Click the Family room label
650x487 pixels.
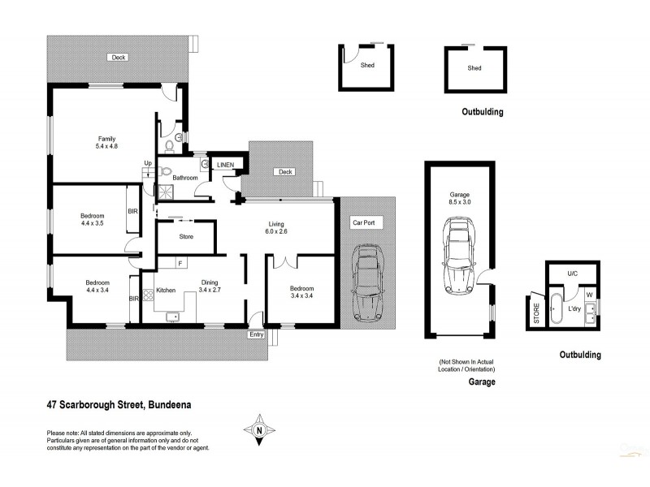(107, 141)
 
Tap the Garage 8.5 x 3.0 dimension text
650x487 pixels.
(460, 199)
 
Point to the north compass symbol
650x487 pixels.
(259, 429)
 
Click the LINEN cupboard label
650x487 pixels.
(226, 165)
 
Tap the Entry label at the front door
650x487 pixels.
(257, 334)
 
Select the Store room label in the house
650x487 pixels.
(185, 238)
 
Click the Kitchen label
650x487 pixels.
(166, 290)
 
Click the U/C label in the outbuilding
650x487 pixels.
(572, 274)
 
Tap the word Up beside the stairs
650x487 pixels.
(147, 162)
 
